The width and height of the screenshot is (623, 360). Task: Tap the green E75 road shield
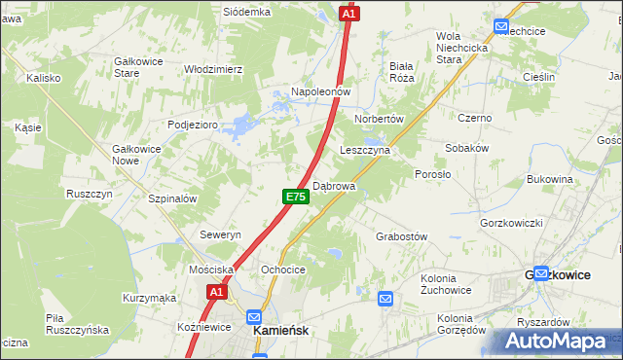pyautogui.click(x=297, y=197)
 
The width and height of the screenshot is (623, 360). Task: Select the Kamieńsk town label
pyautogui.click(x=281, y=331)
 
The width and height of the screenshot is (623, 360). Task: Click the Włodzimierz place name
pyautogui.click(x=213, y=69)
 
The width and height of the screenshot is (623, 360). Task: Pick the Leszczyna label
pyautogui.click(x=365, y=151)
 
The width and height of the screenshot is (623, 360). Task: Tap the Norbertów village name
pyautogui.click(x=379, y=118)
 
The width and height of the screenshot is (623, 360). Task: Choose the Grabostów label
pyautogui.click(x=401, y=236)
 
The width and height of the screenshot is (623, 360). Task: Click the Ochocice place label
pyautogui.click(x=283, y=270)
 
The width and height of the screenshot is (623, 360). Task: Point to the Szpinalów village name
pyautogui.click(x=173, y=198)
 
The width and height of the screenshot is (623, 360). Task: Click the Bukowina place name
pyautogui.click(x=549, y=179)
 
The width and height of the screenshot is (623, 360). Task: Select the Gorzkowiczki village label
pyautogui.click(x=511, y=223)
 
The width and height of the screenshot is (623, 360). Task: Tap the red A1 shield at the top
pyautogui.click(x=349, y=14)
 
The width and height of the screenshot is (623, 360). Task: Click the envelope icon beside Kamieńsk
pyautogui.click(x=254, y=317)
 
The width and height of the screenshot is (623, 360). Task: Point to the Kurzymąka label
pyautogui.click(x=149, y=298)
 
